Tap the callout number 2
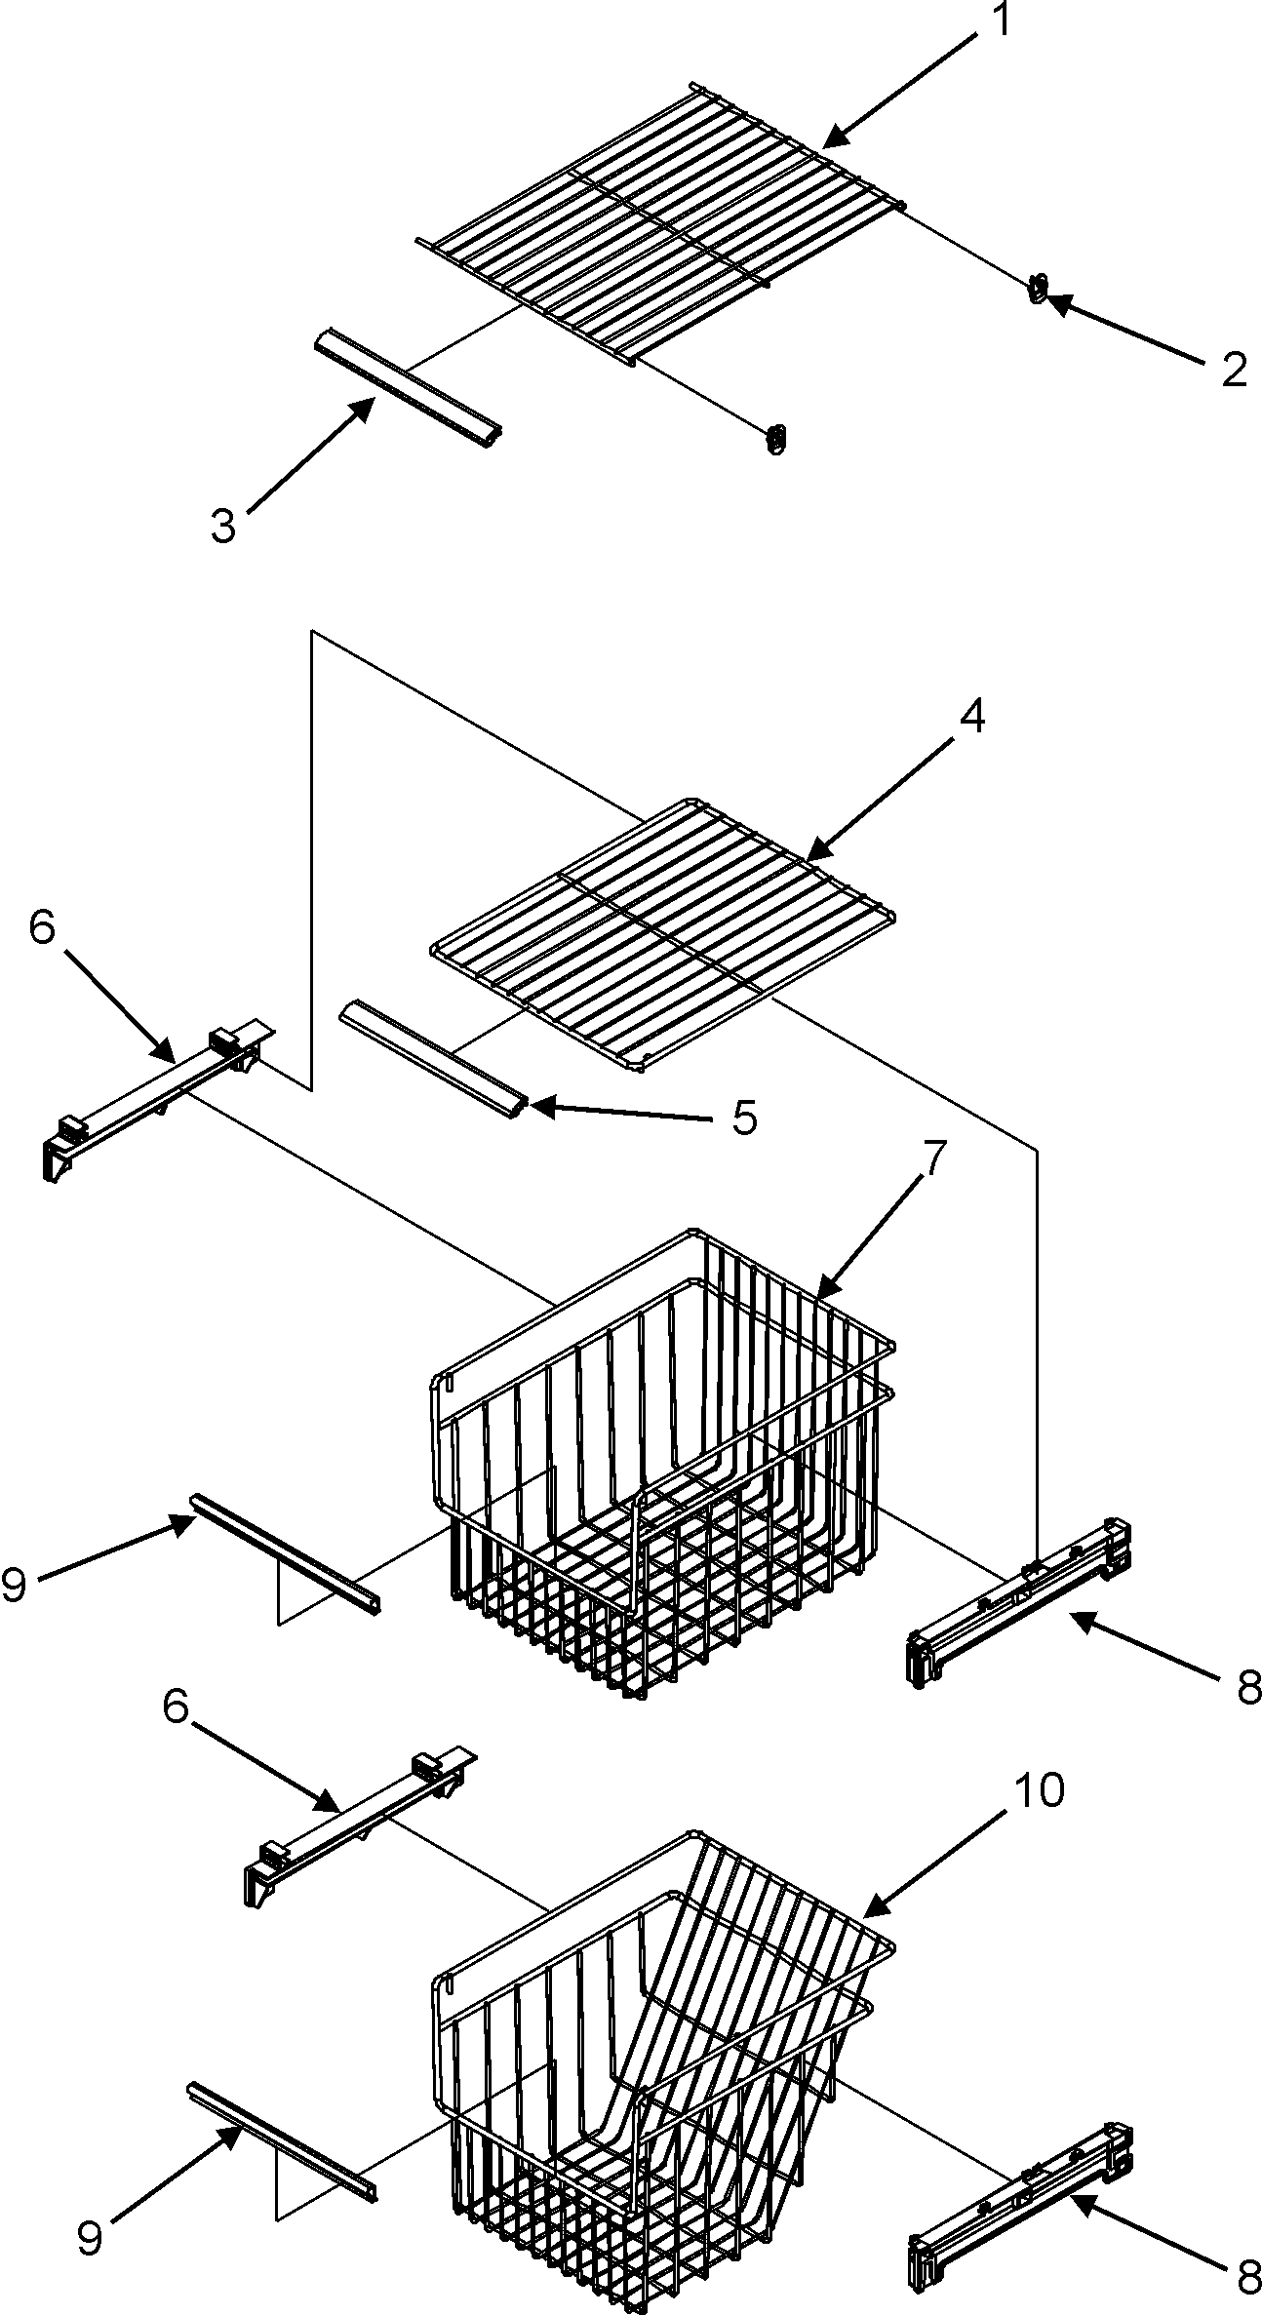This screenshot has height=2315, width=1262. click(x=1233, y=371)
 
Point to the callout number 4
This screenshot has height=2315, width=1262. click(x=970, y=717)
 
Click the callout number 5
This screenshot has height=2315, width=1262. click(x=743, y=1118)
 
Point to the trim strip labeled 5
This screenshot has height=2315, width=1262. click(x=433, y=1056)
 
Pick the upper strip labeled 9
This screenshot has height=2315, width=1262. click(x=283, y=1559)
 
